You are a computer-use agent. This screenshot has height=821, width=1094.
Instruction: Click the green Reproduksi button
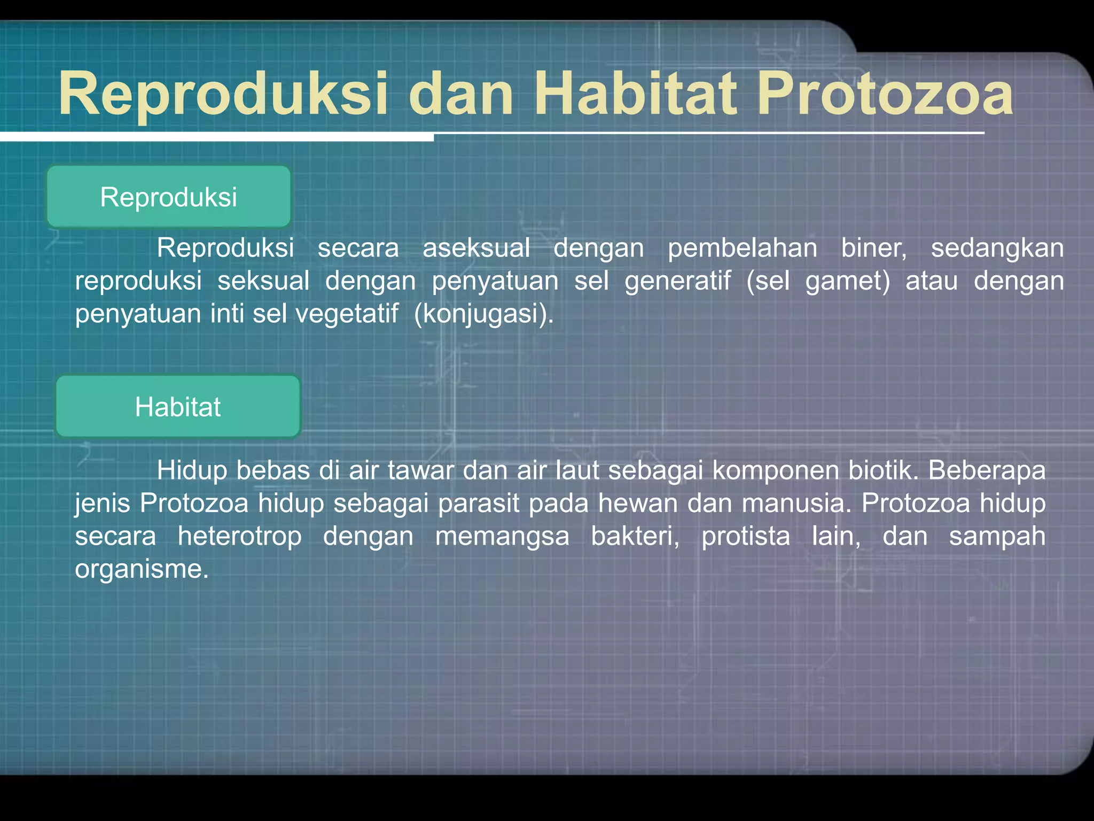click(x=168, y=197)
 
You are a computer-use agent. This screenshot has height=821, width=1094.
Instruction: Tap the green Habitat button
click(x=178, y=407)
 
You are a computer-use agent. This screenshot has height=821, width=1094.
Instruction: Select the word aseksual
click(x=476, y=248)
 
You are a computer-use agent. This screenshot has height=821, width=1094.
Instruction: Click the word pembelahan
click(x=742, y=248)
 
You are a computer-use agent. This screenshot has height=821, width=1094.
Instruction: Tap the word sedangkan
click(x=997, y=248)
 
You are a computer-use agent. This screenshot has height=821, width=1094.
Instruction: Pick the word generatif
click(x=677, y=281)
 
